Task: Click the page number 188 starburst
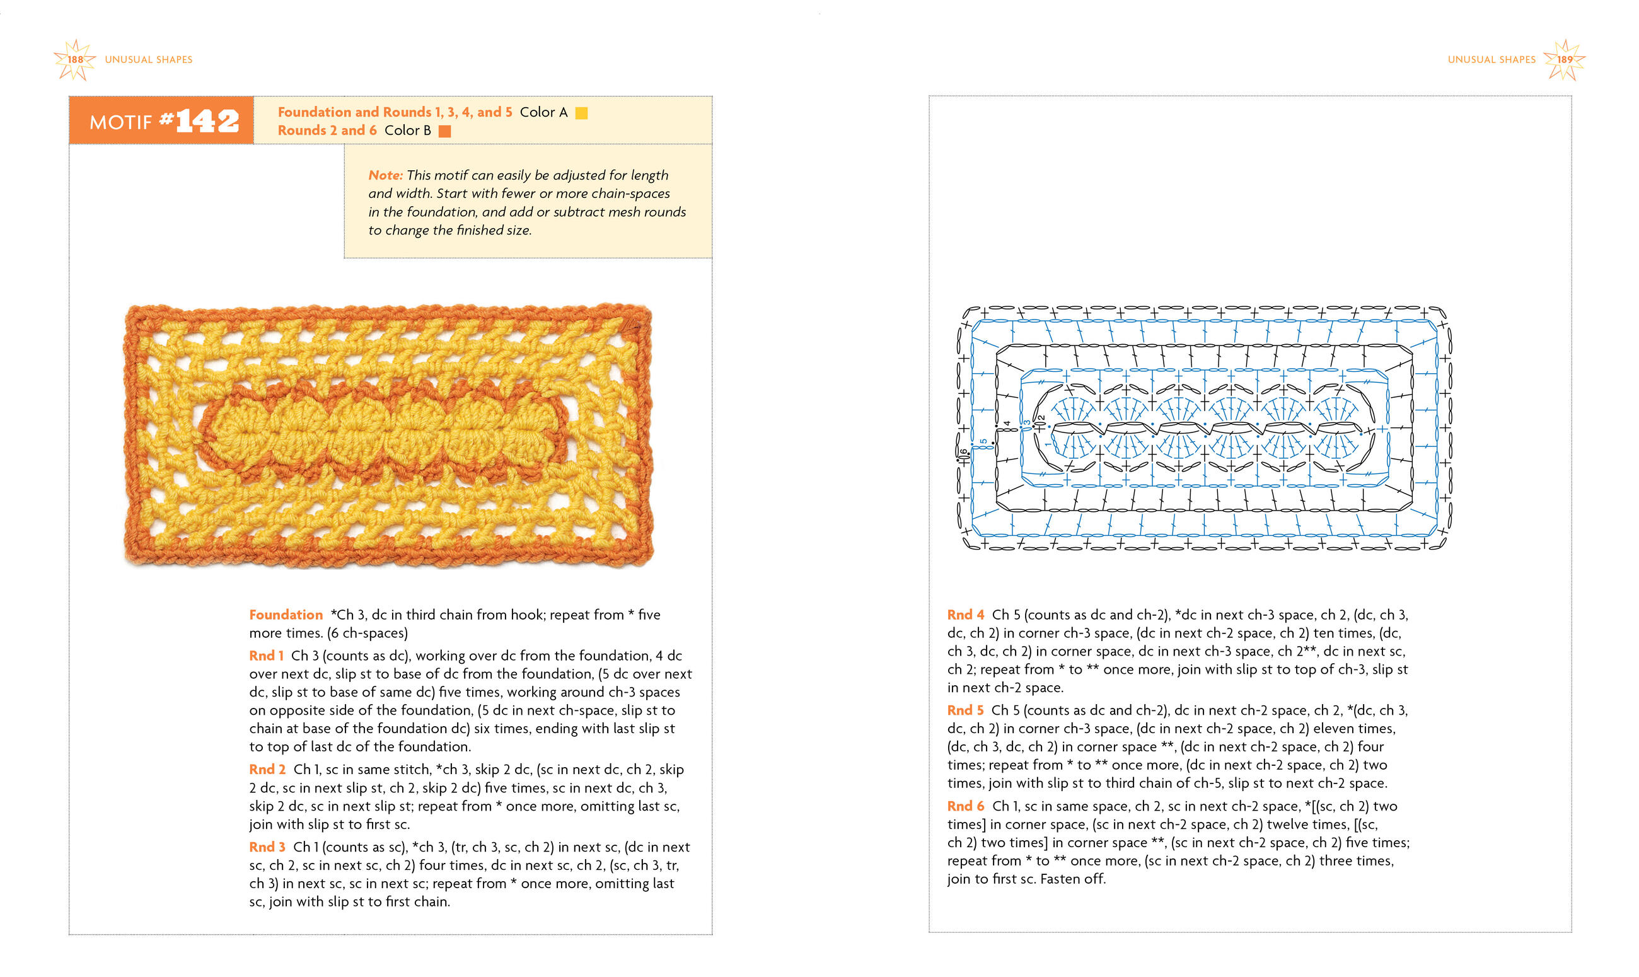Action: (76, 59)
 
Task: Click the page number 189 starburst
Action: (1564, 59)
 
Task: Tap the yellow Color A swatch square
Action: (581, 113)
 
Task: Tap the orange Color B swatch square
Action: (445, 131)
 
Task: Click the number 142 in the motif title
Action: (207, 120)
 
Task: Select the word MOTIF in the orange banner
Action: (120, 122)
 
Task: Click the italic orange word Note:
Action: (385, 175)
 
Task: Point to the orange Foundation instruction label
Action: (286, 615)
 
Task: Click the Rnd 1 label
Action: (266, 656)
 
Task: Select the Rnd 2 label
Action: (267, 770)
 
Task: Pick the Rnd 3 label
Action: (267, 847)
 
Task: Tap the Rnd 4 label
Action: (965, 615)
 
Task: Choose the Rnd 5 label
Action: (965, 710)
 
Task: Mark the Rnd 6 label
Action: (965, 806)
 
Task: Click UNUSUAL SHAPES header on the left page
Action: (149, 60)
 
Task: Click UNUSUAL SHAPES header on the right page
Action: (1491, 60)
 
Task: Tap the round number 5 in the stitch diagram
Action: (983, 442)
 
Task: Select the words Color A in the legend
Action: (543, 113)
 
